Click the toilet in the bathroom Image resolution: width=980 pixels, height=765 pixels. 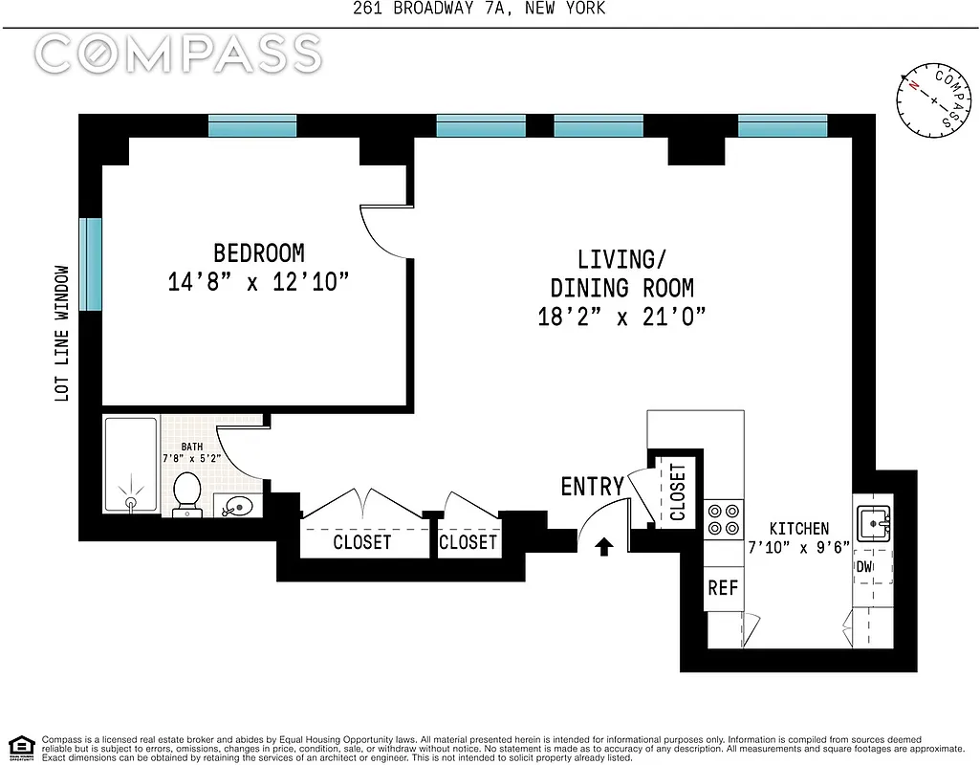click(x=186, y=493)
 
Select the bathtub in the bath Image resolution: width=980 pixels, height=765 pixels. click(x=130, y=465)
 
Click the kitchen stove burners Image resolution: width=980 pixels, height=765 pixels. click(x=723, y=518)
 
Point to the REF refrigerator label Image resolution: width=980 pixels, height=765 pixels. click(x=723, y=588)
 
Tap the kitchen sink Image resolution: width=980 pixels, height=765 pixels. click(x=873, y=521)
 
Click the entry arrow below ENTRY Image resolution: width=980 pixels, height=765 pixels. click(x=603, y=546)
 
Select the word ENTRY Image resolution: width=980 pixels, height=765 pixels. click(x=592, y=487)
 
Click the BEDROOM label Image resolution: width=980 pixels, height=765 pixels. click(x=258, y=253)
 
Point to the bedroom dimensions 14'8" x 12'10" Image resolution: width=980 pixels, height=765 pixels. click(x=258, y=283)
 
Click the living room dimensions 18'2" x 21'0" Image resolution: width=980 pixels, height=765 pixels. click(x=621, y=317)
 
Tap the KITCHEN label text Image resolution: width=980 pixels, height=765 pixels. click(x=798, y=529)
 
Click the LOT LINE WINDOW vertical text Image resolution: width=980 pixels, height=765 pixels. click(x=63, y=333)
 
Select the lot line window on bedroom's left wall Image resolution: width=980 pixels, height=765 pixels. click(x=90, y=265)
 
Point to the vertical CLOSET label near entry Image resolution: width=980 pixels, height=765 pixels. click(x=678, y=492)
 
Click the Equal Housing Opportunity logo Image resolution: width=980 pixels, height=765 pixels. click(x=20, y=747)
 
